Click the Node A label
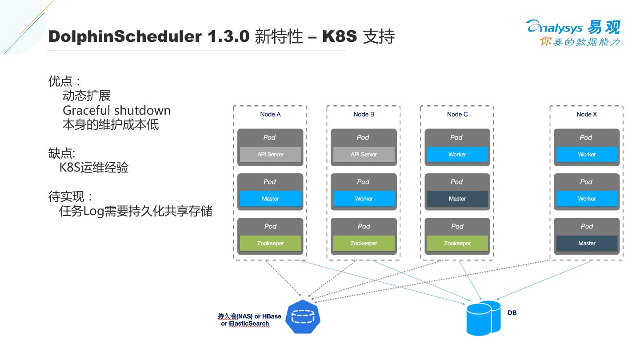(270, 114)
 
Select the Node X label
(587, 114)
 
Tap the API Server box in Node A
(270, 154)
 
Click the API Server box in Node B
(364, 154)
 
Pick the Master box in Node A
(270, 199)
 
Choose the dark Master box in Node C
(457, 199)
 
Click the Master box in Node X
(587, 243)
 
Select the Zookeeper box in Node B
(364, 243)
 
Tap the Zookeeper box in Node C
(457, 243)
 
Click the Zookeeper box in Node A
(270, 243)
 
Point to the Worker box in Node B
(364, 199)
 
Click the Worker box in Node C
(457, 154)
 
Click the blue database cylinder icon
(484, 318)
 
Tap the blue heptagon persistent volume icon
(303, 317)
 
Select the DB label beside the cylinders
(512, 312)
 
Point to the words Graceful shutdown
(116, 110)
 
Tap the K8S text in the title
(340, 36)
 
